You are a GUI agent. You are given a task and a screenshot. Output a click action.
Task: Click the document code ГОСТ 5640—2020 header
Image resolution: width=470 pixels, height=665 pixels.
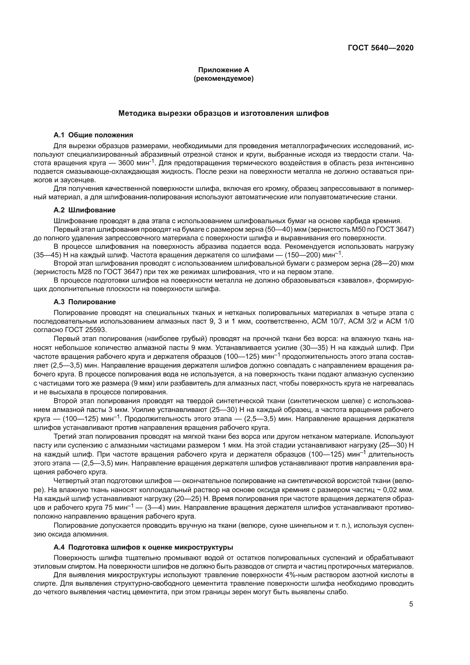coord(380,48)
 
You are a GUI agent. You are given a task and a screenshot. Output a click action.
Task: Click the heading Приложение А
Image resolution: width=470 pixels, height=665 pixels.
coord(223,70)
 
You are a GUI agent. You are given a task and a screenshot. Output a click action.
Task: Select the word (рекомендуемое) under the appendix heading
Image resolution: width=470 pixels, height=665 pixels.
coord(223,78)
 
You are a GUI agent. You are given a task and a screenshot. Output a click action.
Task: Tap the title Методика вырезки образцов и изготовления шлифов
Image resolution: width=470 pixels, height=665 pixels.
coord(223,113)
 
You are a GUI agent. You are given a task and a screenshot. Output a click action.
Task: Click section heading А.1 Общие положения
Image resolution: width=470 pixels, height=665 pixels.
coord(93,135)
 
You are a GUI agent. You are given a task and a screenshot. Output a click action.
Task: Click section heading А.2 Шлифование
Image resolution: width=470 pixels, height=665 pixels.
coord(84,210)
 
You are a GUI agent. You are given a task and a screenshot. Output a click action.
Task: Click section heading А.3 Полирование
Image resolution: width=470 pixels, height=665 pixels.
coord(84,302)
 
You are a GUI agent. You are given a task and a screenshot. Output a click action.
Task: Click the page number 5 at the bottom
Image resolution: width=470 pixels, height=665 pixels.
coord(411,604)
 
